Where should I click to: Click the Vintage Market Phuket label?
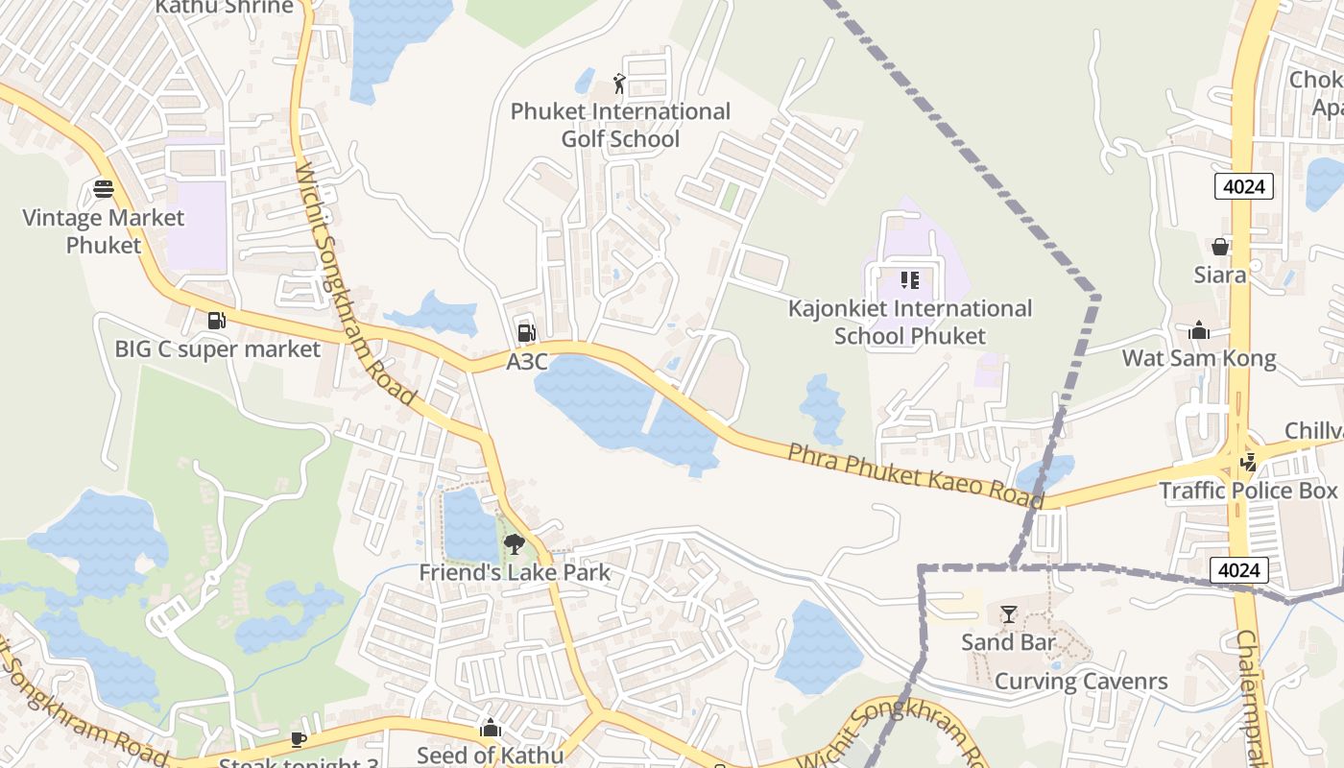point(104,231)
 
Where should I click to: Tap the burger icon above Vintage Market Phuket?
point(104,188)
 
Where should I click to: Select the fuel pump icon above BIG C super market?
point(217,321)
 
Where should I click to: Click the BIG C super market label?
point(217,348)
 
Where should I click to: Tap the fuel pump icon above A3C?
point(526,333)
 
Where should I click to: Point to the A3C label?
point(526,362)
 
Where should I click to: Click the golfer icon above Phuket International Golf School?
point(619,84)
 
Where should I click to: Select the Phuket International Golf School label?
point(620,125)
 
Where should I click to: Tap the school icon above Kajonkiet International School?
point(910,280)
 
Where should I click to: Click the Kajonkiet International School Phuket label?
point(910,322)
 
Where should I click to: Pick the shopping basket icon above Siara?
point(1219,247)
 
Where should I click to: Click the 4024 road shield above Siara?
point(1244,186)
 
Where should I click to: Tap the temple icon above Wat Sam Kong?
point(1199,331)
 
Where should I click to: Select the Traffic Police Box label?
point(1247,491)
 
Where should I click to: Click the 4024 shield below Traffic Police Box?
point(1238,570)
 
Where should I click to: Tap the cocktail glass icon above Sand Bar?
point(1008,614)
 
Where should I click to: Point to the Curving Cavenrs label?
point(1081,682)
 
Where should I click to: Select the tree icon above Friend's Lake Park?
point(515,544)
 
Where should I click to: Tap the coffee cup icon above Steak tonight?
point(298,739)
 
